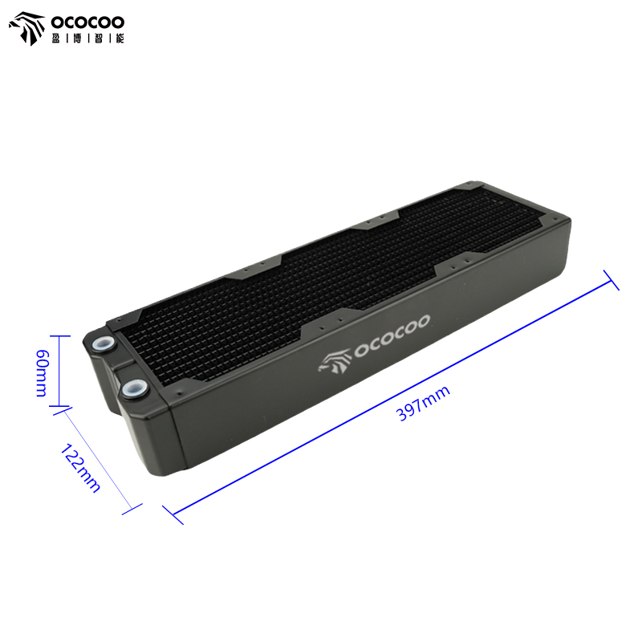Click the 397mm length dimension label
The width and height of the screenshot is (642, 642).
click(424, 403)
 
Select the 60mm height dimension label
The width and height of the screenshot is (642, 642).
click(43, 373)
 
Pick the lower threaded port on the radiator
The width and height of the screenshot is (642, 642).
click(134, 387)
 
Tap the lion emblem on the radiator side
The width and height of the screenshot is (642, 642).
click(335, 361)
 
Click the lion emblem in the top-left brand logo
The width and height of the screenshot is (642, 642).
click(27, 28)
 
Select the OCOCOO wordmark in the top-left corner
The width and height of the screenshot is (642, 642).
click(87, 22)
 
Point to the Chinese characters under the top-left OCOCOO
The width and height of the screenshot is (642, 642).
click(87, 39)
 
